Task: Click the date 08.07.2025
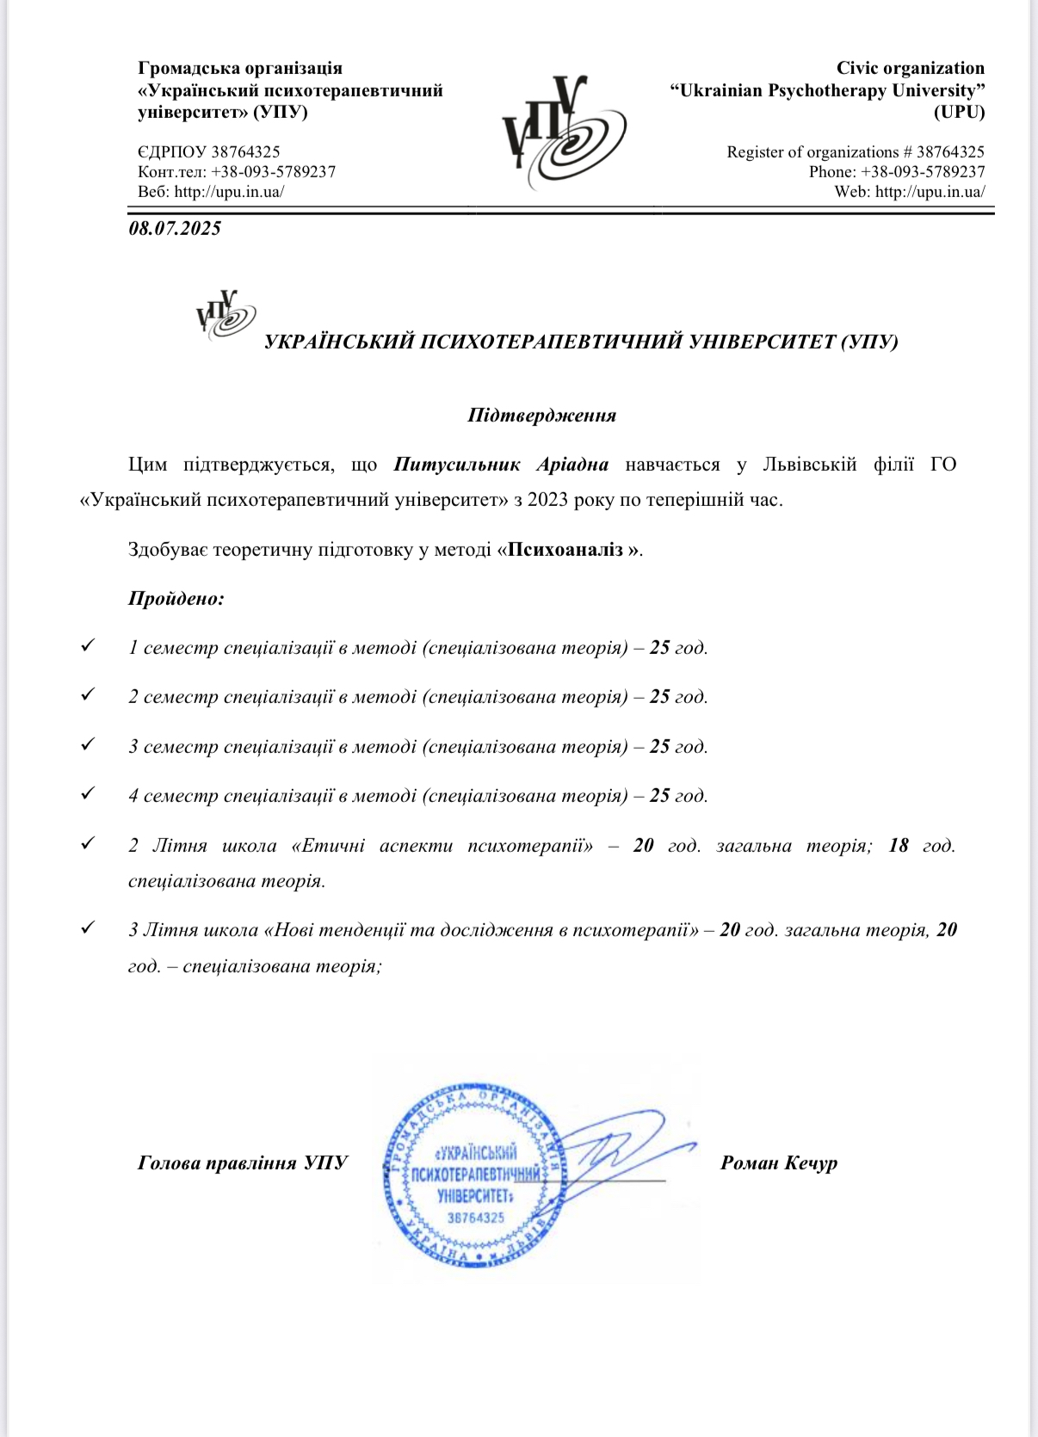[175, 228]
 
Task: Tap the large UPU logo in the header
[564, 133]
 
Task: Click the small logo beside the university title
[226, 315]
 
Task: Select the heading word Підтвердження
[541, 416]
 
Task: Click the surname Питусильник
[457, 465]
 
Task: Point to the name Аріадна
[572, 465]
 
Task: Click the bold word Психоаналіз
[566, 549]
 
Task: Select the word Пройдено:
[176, 598]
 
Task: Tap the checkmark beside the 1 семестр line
[87, 645]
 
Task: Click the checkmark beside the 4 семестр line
[87, 793]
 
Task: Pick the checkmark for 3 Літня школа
[87, 928]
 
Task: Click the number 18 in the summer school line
[899, 845]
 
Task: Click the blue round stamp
[475, 1175]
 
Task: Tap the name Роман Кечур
[778, 1163]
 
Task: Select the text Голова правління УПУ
[243, 1163]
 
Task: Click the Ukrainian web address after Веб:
[229, 192]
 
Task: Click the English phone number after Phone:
[923, 172]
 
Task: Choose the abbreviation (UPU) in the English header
[959, 112]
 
